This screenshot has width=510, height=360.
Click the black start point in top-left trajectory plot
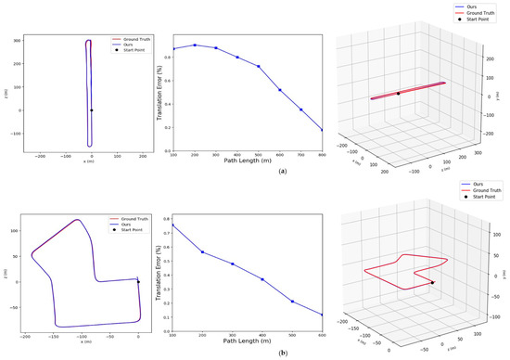click(x=91, y=110)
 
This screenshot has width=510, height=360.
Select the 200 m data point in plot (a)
click(x=195, y=45)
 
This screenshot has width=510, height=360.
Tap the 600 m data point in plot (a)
click(x=280, y=90)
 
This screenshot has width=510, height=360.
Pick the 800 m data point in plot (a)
click(x=323, y=130)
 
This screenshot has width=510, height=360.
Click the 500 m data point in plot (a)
click(x=259, y=67)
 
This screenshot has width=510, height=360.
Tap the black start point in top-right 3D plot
click(x=398, y=94)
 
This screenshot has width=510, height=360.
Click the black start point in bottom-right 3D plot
click(x=432, y=282)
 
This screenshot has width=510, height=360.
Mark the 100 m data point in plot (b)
click(x=173, y=225)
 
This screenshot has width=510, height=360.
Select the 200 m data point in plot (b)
click(x=203, y=251)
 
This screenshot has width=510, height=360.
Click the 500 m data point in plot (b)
click(x=292, y=301)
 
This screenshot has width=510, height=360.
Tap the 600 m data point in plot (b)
click(x=322, y=315)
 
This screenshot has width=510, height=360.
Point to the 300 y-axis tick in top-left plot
click(x=14, y=42)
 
